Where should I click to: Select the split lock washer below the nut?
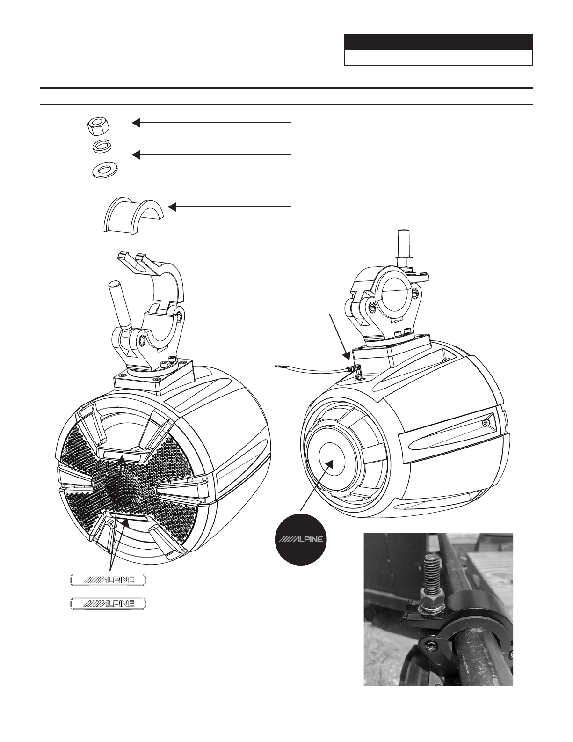click(102, 147)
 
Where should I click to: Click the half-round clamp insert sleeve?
click(133, 215)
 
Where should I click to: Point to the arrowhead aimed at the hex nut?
click(136, 123)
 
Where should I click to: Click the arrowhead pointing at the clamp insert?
click(172, 207)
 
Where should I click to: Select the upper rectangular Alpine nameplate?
click(108, 580)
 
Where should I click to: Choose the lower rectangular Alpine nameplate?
click(108, 603)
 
